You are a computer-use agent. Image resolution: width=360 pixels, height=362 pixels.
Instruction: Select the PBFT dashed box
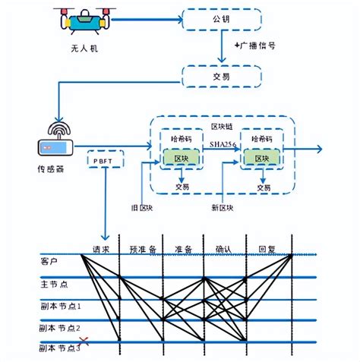(104, 161)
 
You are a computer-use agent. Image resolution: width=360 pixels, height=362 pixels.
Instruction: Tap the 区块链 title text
(221, 124)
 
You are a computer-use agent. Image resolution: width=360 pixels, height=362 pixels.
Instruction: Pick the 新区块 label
(222, 207)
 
